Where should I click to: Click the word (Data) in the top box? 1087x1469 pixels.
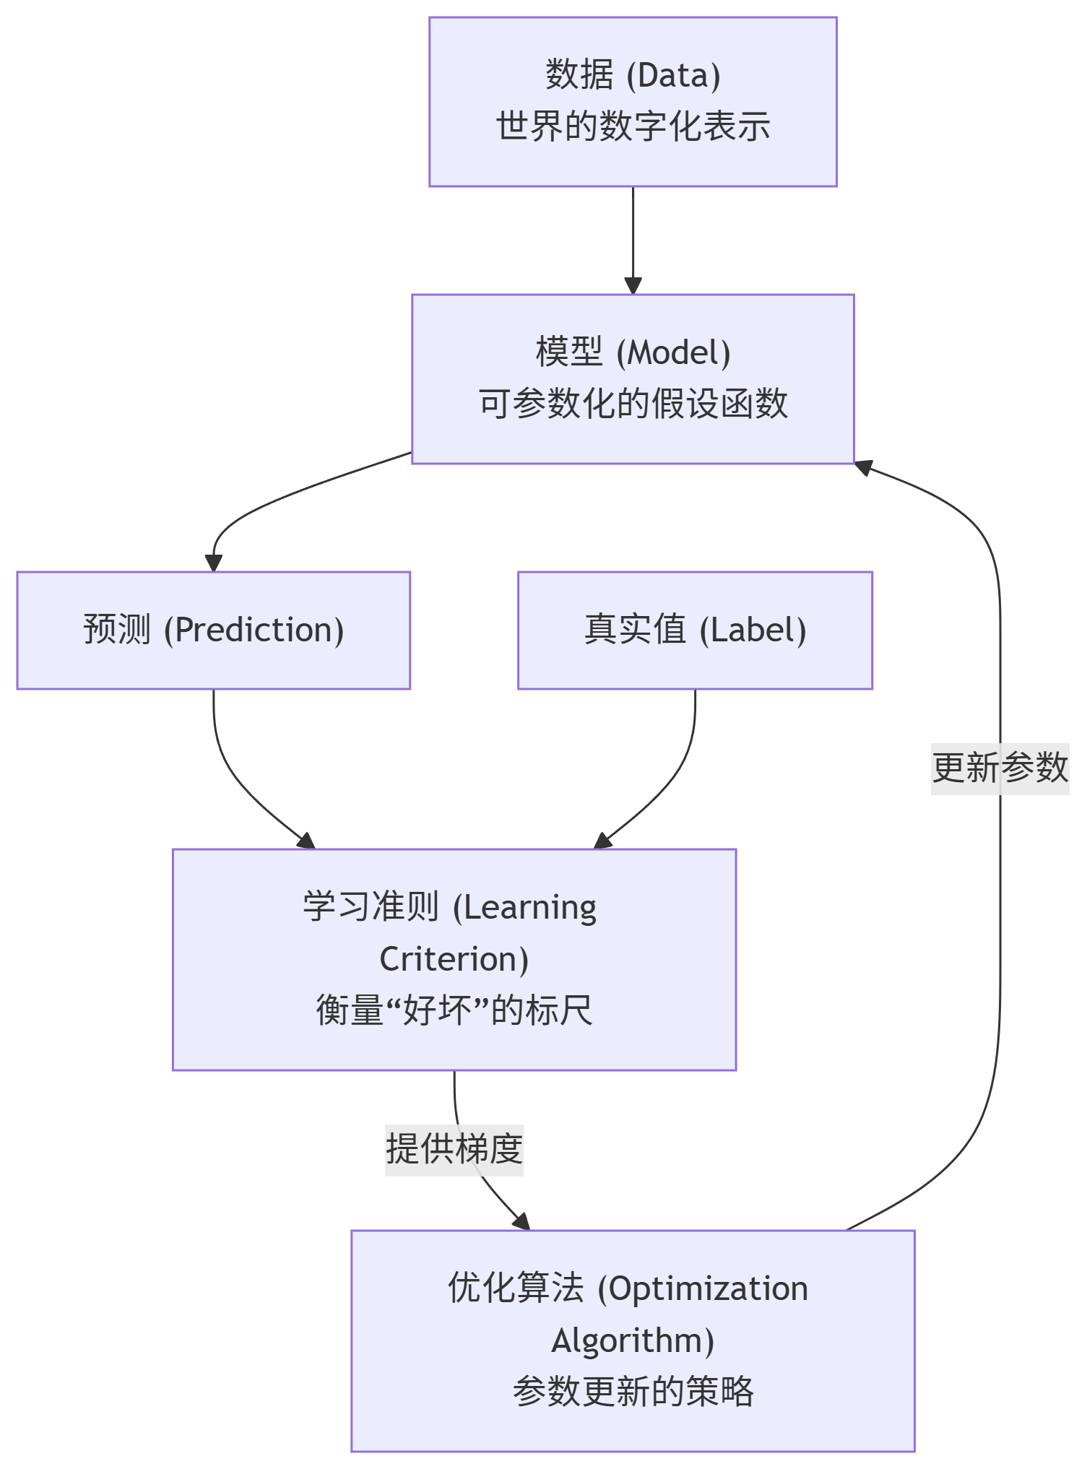[673, 76]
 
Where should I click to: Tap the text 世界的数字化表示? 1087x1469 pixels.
[633, 127]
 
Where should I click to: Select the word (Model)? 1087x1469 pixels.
[673, 353]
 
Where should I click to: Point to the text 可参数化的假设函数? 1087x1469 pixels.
[633, 404]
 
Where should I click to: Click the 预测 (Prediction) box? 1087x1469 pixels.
[214, 630]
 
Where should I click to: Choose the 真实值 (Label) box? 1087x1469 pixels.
[695, 630]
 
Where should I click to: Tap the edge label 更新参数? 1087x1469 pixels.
[1000, 768]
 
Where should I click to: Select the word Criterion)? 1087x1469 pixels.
[454, 959]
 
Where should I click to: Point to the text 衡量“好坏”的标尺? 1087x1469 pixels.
[454, 1010]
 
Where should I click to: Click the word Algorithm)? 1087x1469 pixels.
[633, 1340]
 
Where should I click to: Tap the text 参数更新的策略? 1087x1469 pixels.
[633, 1392]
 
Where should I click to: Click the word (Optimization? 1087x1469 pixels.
[703, 1289]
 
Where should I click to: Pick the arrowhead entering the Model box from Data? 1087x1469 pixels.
[633, 286]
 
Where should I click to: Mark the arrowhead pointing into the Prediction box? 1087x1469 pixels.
[213, 563]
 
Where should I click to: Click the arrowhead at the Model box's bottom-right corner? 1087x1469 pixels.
[864, 467]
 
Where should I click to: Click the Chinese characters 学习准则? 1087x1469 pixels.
[371, 907]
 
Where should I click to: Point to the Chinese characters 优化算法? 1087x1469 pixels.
[516, 1289]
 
